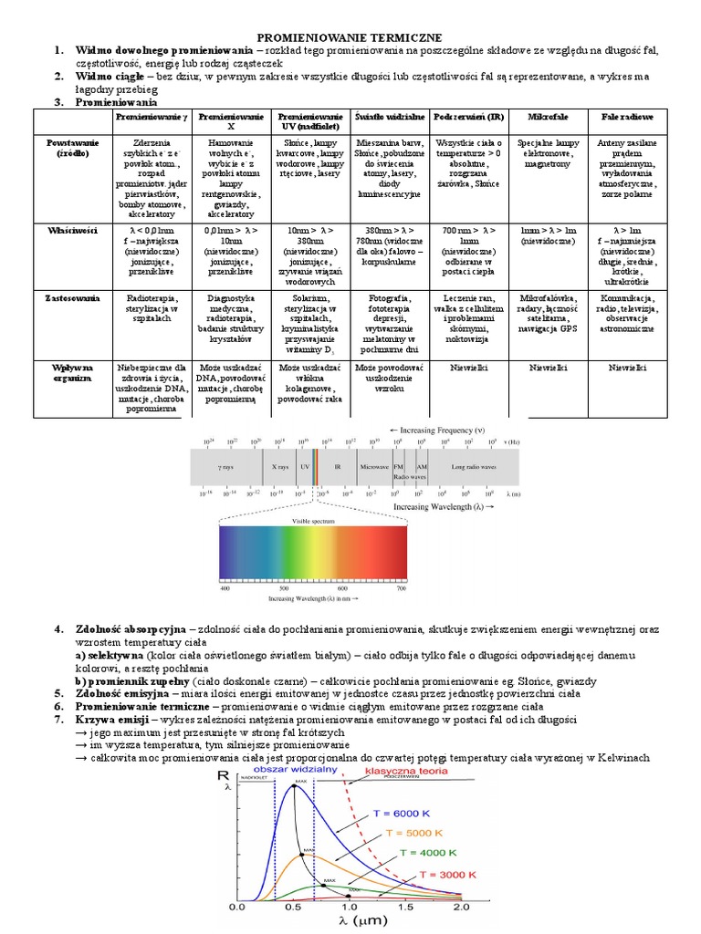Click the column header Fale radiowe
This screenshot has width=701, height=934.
pos(625,119)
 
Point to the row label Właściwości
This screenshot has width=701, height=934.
pos(70,232)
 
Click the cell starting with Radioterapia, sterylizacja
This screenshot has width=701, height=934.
pos(152,304)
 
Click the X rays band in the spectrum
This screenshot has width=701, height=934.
pos(279,466)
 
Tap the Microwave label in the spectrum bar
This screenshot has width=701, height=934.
pos(373,466)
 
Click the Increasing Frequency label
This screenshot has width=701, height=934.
pos(437,429)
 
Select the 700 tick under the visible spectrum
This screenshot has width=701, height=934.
pos(401,590)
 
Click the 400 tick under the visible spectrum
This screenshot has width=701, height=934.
pos(225,590)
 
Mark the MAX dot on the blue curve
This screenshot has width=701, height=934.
pos(293,787)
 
